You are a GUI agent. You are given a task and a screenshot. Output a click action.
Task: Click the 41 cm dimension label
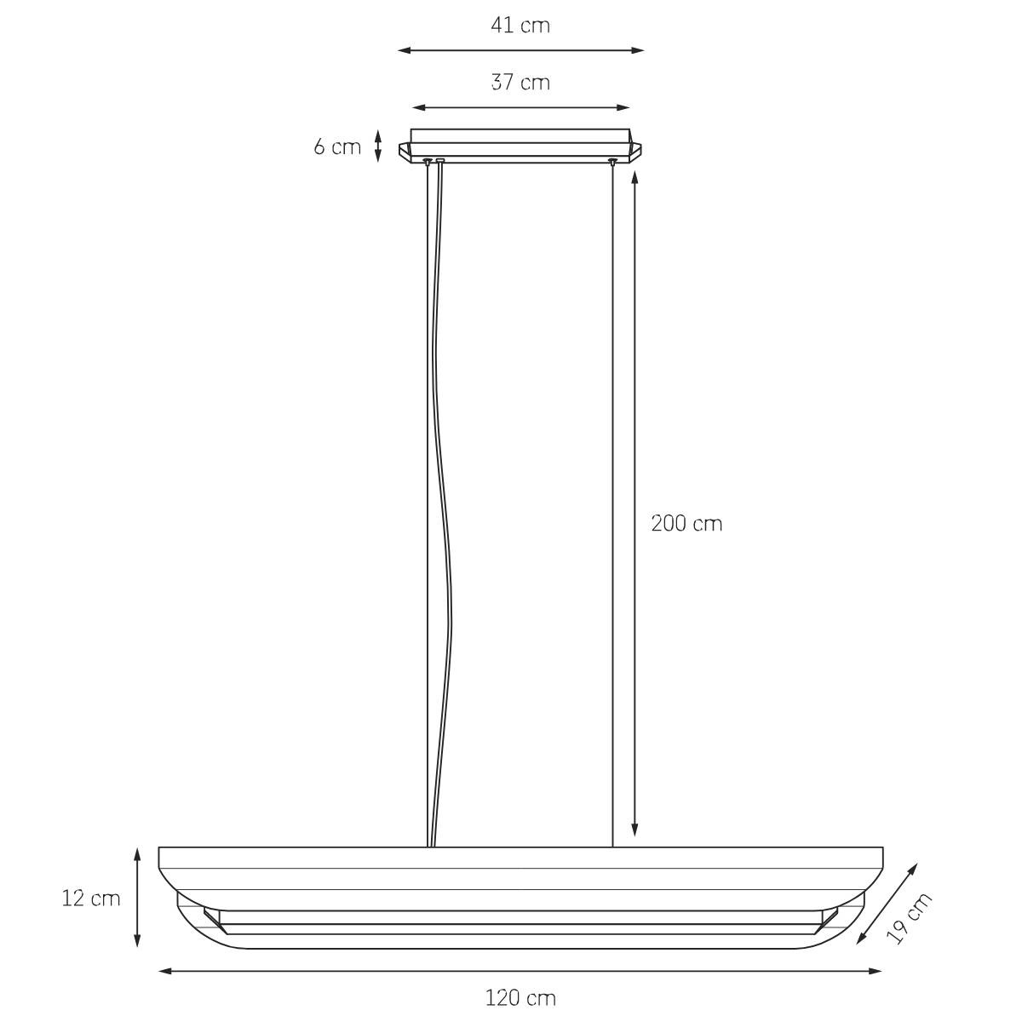(520, 26)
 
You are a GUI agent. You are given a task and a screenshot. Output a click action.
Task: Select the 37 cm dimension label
(520, 83)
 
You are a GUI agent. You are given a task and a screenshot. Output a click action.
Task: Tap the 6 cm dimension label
(337, 146)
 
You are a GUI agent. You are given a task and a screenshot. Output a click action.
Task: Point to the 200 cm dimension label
(686, 523)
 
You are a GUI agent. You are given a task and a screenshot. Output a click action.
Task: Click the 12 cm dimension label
(91, 898)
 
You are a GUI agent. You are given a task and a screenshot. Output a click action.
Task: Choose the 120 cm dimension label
(520, 997)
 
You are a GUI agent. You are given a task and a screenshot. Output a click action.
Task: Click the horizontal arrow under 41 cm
(520, 50)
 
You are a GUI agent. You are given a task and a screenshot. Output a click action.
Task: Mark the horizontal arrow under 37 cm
(520, 107)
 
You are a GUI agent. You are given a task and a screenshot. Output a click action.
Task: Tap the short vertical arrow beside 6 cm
(377, 146)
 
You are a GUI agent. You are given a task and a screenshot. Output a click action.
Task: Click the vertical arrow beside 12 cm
(137, 897)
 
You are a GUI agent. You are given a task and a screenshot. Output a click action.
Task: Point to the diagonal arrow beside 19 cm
(887, 904)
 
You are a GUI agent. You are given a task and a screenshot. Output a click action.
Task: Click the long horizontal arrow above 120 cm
(520, 970)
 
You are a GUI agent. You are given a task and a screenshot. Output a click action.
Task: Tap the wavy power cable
(444, 511)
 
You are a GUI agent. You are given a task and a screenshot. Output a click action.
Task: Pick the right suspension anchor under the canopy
(611, 161)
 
